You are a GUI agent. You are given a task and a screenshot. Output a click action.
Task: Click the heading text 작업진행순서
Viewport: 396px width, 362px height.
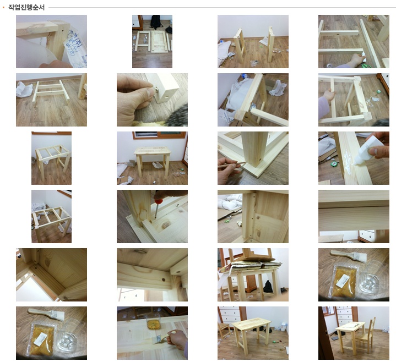[26, 7]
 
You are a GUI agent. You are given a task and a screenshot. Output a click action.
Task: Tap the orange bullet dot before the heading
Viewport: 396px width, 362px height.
[3, 8]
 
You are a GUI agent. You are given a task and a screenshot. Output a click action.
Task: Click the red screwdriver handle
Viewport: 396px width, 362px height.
[159, 201]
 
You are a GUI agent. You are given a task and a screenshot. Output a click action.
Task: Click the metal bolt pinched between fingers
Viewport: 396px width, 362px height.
[156, 89]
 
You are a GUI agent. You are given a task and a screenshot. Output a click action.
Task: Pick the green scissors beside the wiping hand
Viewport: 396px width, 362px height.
[366, 66]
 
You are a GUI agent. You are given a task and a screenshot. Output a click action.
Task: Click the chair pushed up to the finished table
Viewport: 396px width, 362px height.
[365, 334]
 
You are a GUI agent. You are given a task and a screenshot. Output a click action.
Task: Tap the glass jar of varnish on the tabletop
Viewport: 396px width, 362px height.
[153, 321]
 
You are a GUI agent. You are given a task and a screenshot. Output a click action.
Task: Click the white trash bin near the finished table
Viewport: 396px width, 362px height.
[284, 327]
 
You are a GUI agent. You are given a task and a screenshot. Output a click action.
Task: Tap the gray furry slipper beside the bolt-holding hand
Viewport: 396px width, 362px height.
[177, 116]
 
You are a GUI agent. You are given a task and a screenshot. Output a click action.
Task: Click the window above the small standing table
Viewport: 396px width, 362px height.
[160, 135]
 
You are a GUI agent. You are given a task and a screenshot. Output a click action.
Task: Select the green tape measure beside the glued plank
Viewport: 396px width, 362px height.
[334, 164]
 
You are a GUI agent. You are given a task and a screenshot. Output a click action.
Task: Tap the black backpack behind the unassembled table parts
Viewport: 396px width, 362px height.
[156, 21]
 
